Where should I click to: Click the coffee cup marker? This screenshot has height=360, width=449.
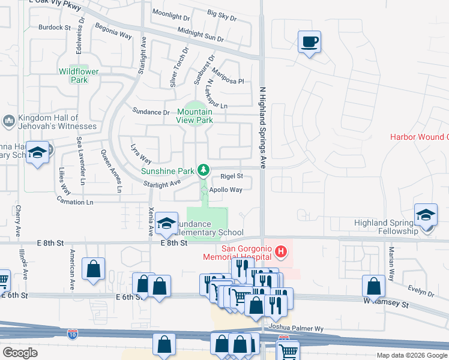click(309, 42)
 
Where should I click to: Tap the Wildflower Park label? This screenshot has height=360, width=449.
click(78, 75)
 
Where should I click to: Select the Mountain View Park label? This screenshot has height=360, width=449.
click(195, 116)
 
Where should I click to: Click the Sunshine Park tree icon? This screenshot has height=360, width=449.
click(204, 170)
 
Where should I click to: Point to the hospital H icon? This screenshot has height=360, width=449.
click(280, 248)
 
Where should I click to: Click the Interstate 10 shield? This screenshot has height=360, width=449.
click(72, 333)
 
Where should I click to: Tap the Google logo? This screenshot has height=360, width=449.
click(20, 352)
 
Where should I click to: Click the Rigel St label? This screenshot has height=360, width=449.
click(231, 176)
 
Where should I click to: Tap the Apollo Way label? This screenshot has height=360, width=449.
click(225, 190)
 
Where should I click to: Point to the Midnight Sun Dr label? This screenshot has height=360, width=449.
click(200, 35)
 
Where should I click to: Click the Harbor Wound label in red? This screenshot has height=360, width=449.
click(420, 137)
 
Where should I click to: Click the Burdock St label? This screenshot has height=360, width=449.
click(55, 27)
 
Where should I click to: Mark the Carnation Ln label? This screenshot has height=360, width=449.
click(74, 202)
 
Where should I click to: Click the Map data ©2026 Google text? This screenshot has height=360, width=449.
click(412, 355)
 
